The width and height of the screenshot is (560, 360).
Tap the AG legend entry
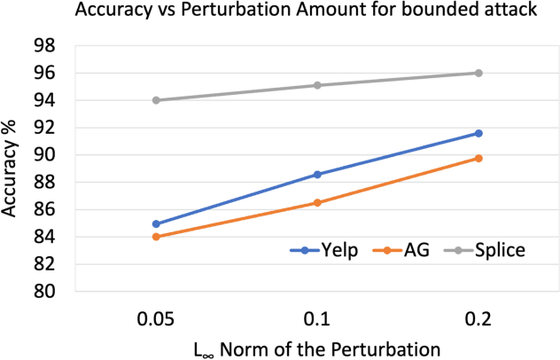coord(408,250)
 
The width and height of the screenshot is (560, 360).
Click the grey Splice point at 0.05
coord(156,100)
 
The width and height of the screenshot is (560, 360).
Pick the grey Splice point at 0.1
coord(317,85)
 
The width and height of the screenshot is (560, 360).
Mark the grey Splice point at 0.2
coord(478,73)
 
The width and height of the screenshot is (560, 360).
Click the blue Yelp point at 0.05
coord(156,223)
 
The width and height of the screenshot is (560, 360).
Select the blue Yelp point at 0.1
coord(317,175)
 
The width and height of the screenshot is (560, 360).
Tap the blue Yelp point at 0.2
coord(478,133)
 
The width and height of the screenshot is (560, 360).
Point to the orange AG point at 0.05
coord(156,237)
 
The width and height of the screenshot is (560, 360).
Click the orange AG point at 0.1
coord(317,202)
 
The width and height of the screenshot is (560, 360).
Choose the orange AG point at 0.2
coord(478,158)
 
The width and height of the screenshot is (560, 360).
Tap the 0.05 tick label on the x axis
coord(156,317)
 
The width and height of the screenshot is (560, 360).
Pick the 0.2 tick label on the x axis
coord(478,317)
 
